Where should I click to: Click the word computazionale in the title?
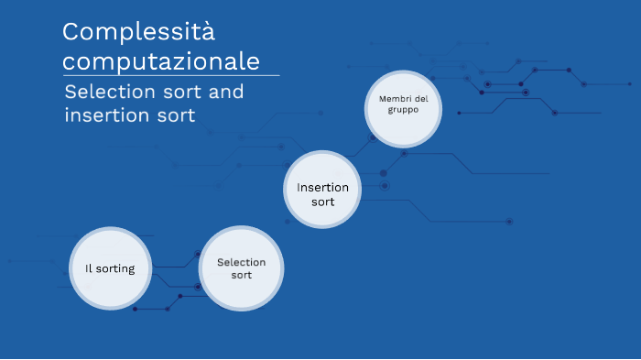[160, 61]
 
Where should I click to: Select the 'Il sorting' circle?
[111, 268]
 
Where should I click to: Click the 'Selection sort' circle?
[241, 268]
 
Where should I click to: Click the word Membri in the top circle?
[390, 98]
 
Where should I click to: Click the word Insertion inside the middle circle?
[322, 187]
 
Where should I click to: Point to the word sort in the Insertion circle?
[322, 202]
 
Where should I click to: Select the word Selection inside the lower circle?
[241, 262]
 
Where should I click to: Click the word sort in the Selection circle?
[241, 275]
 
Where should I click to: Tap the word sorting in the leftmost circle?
[116, 269]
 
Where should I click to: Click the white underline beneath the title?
[170, 76]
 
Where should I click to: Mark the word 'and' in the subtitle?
[225, 93]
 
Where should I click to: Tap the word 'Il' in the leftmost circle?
[89, 268]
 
